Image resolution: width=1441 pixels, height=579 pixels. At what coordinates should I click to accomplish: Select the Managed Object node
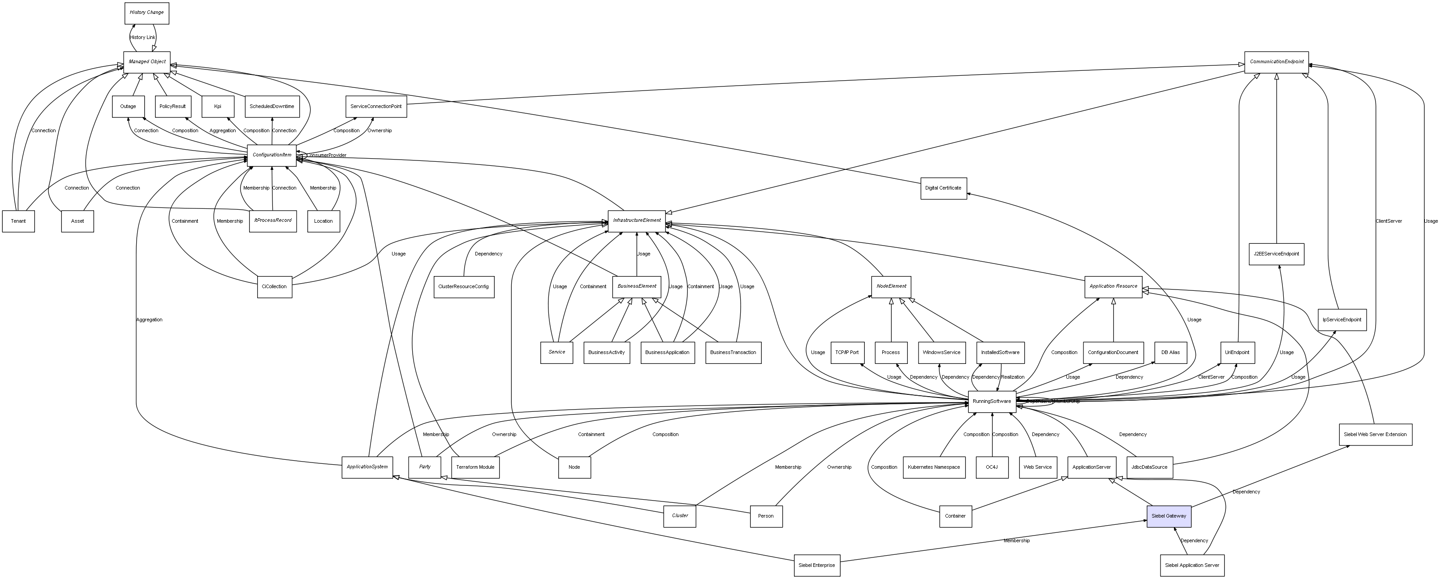[147, 61]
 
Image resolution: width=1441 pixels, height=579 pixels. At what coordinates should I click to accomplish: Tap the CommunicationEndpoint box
[1276, 61]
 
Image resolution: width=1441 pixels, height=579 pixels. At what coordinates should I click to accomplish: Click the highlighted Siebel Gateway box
[1169, 516]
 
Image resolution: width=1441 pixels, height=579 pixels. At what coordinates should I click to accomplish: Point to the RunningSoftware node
[992, 401]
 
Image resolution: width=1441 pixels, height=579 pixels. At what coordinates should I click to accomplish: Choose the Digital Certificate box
[943, 188]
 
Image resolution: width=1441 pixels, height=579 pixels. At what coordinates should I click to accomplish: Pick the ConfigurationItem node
[272, 155]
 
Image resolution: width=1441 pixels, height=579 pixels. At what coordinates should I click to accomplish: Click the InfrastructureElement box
[637, 220]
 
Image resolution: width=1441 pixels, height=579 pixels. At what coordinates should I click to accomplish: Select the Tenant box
[18, 221]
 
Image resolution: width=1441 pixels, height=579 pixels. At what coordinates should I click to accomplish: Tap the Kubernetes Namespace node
[934, 467]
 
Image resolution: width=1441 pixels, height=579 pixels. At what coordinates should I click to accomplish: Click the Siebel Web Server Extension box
[1375, 435]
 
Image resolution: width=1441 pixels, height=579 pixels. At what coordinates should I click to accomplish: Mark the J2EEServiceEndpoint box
[1276, 254]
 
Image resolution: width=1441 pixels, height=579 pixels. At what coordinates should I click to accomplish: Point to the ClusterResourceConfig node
[463, 286]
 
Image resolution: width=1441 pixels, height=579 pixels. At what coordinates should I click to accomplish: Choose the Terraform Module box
[475, 467]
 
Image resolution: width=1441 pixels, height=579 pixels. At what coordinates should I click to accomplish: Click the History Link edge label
[142, 38]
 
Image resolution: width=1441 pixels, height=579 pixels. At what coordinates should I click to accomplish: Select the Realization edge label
[1013, 377]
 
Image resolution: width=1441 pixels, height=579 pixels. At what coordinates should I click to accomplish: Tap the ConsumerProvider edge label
[327, 155]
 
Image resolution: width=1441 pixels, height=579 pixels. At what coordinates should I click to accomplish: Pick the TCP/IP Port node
[846, 352]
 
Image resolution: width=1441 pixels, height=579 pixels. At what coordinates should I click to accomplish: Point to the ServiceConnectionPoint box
[376, 106]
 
